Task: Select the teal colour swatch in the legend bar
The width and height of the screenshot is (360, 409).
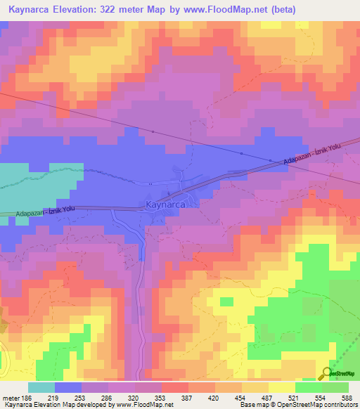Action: point(41,387)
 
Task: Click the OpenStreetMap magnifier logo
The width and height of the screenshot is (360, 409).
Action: point(328,374)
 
